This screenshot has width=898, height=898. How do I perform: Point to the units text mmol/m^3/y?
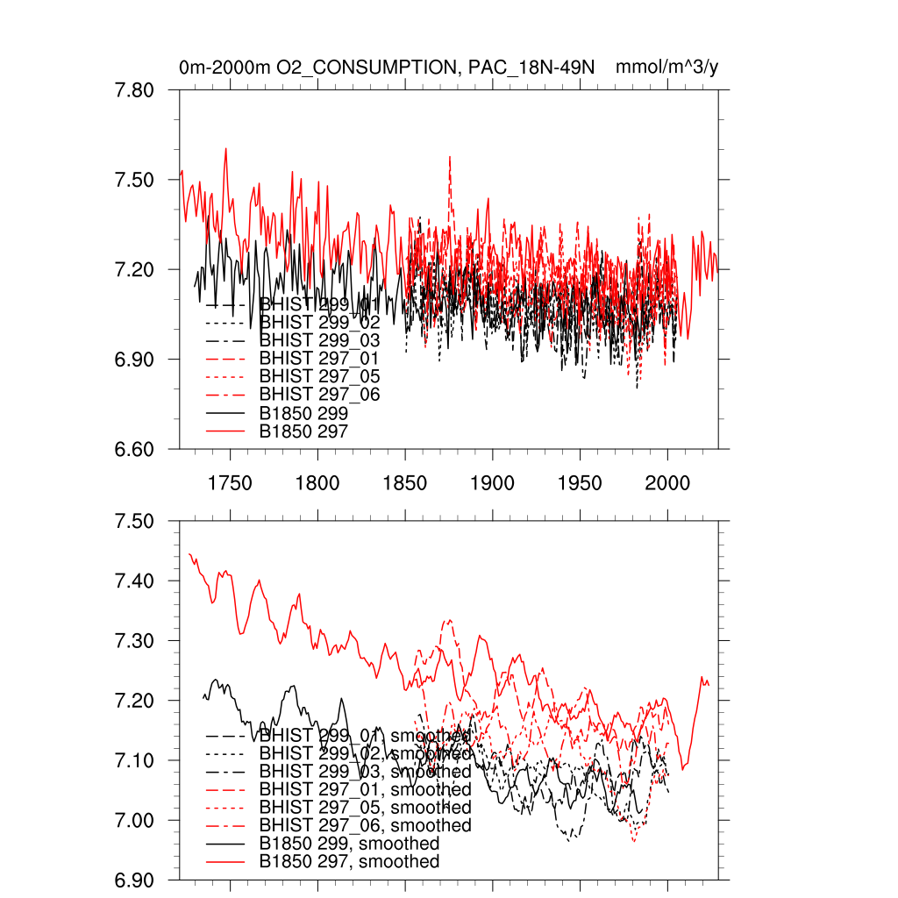pos(667,67)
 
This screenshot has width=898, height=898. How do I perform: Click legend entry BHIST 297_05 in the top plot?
pos(319,376)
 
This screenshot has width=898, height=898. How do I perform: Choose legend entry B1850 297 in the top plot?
pos(303,431)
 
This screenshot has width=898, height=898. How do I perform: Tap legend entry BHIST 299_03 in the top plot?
pos(319,339)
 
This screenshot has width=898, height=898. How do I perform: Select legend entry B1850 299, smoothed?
pos(349,844)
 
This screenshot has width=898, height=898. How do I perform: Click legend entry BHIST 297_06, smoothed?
pos(365,825)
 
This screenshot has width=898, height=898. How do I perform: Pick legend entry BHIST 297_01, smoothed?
pos(365,788)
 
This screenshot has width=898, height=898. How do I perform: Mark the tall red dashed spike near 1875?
pos(450,159)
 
